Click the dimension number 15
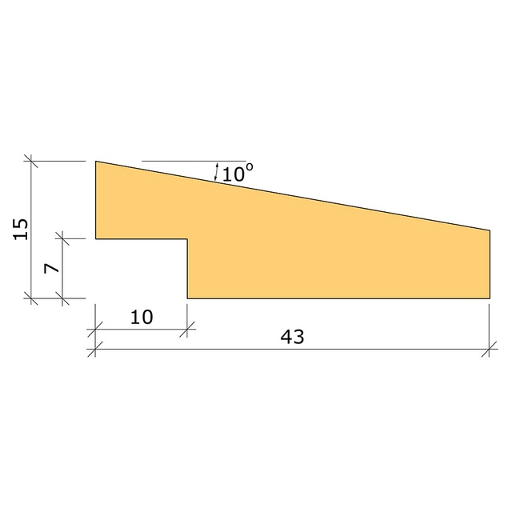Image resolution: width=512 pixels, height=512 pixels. [x=21, y=229]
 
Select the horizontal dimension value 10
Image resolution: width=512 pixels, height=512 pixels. [x=142, y=317]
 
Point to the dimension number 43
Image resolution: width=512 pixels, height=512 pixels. [x=292, y=337]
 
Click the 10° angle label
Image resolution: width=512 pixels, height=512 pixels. [x=238, y=173]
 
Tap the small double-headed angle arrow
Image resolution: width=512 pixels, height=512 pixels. [x=216, y=172]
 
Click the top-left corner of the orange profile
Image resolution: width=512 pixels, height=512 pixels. [x=96, y=161]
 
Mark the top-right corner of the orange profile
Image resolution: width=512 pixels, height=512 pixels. [x=490, y=230]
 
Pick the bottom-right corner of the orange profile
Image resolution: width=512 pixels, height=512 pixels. [x=490, y=298]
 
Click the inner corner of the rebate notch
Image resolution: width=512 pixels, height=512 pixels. [x=187, y=238]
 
